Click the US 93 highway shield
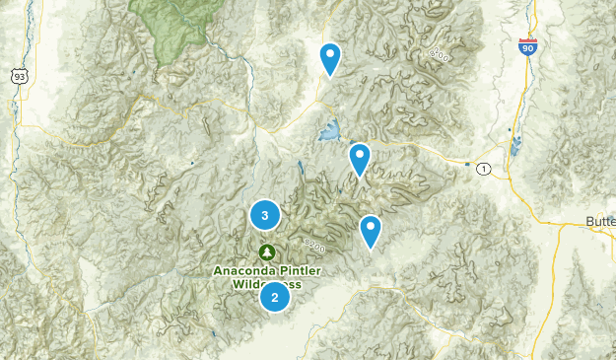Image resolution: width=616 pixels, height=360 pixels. click(19, 75)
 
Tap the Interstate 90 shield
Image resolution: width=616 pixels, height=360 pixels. click(529, 47)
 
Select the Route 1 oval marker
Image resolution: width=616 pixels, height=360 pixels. click(483, 170)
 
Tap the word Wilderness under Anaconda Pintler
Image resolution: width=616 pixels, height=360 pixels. click(267, 284)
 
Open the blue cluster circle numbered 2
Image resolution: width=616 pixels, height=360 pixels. click(275, 296)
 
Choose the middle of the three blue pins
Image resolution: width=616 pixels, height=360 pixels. click(360, 158)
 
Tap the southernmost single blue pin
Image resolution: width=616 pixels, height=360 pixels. click(371, 231)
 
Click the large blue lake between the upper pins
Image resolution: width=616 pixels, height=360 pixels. click(328, 130)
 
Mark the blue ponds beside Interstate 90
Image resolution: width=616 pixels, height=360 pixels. click(513, 148)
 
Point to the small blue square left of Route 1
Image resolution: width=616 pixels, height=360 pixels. click(466, 163)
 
